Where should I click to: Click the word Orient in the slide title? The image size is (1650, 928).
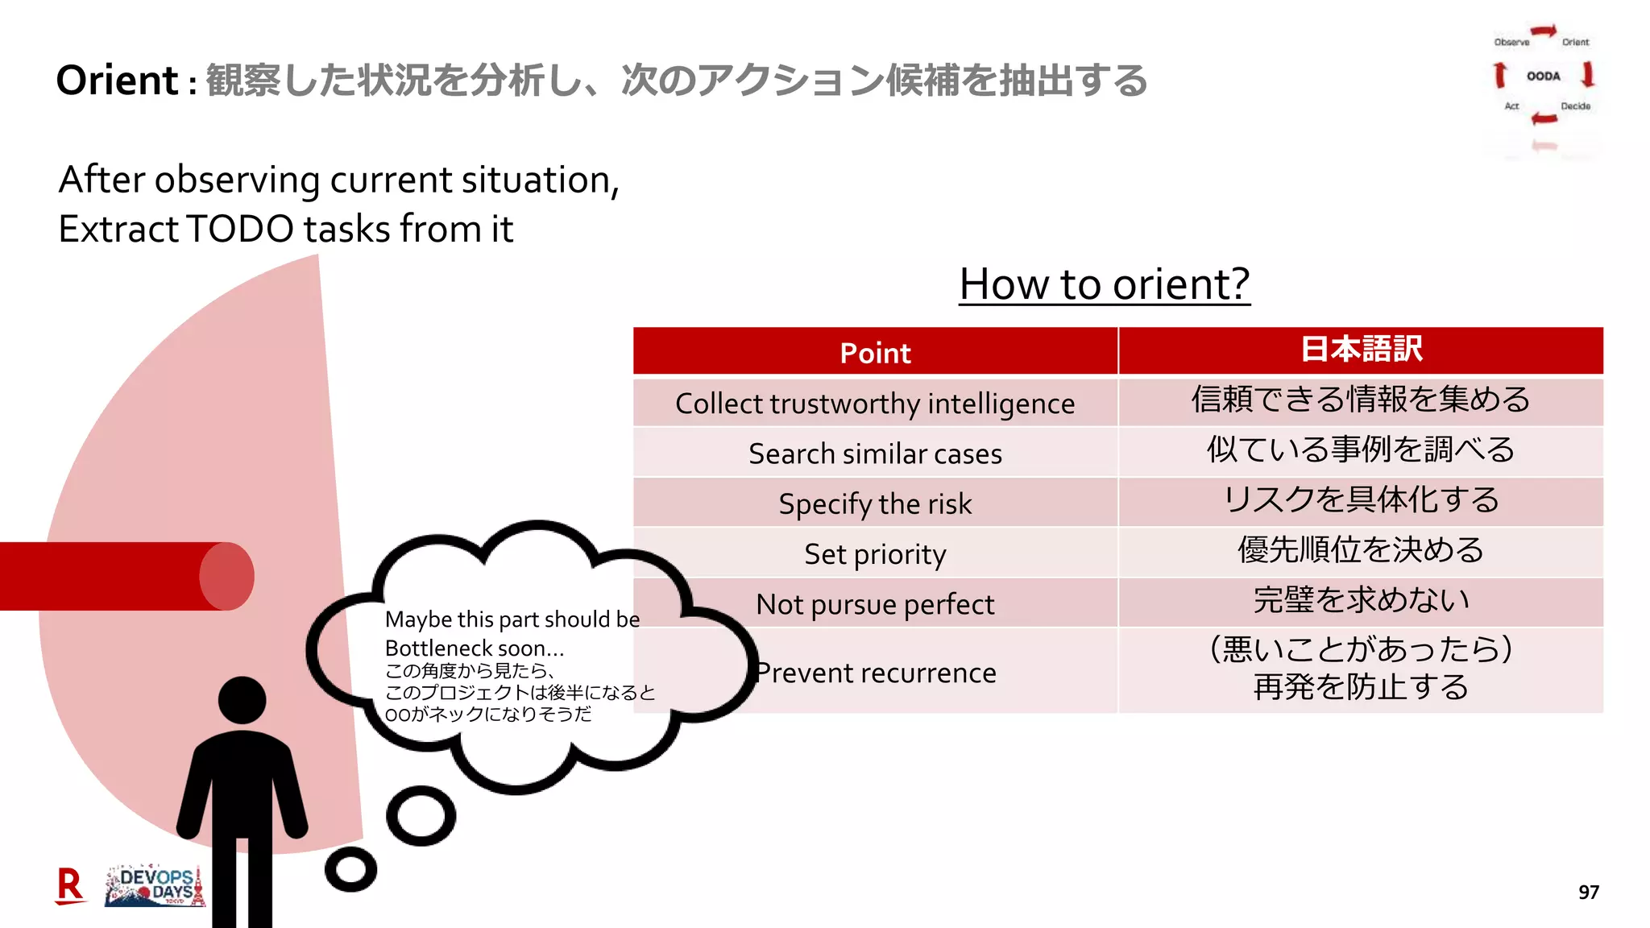[x=117, y=81]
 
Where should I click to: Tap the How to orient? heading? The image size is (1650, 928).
[x=1104, y=284]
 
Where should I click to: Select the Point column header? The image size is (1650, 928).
[x=875, y=353]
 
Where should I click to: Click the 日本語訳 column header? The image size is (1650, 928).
[x=1361, y=350]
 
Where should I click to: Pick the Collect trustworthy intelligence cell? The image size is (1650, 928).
[x=875, y=404]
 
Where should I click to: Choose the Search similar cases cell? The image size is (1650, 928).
[x=875, y=454]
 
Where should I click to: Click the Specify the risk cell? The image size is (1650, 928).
[x=875, y=504]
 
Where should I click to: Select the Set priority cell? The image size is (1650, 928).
[x=875, y=554]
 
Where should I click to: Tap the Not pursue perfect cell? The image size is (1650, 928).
[x=875, y=604]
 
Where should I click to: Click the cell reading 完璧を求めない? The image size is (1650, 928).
[x=1361, y=601]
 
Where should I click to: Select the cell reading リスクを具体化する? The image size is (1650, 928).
[x=1361, y=500]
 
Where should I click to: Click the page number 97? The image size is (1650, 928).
[x=1588, y=893]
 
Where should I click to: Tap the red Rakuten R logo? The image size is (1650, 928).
[x=70, y=886]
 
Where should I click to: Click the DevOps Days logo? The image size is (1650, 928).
[x=155, y=887]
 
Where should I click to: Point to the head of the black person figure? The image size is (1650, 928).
[x=242, y=700]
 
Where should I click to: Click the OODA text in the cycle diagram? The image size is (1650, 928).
[x=1543, y=77]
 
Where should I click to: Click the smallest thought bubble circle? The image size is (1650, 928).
[x=350, y=869]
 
